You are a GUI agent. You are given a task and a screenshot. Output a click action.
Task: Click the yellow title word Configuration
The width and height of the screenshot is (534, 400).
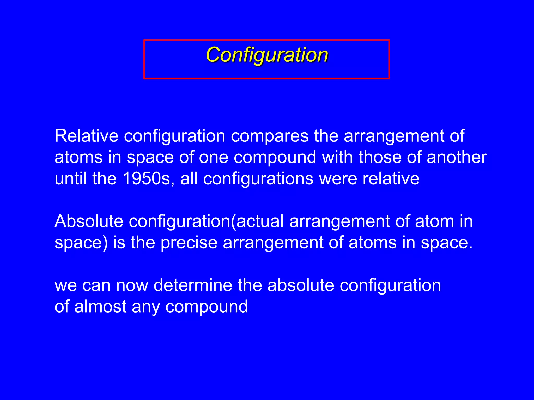tap(267, 55)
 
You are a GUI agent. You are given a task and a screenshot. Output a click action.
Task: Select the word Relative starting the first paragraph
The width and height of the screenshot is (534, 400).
tap(86, 136)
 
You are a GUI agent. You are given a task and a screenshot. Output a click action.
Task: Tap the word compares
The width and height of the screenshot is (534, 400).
tap(270, 136)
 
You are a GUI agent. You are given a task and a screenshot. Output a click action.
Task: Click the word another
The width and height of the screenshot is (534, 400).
tap(457, 157)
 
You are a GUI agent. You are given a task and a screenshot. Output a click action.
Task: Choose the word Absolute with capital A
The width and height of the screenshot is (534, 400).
tap(89, 221)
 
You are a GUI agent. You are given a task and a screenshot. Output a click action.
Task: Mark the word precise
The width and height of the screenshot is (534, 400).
tap(189, 243)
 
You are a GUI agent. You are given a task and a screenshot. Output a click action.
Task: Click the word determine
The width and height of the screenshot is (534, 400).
tap(193, 285)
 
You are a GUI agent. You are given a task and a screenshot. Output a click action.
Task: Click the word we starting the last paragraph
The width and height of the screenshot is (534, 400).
tap(65, 285)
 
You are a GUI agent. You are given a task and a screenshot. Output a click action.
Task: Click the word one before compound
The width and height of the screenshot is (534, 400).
tap(214, 158)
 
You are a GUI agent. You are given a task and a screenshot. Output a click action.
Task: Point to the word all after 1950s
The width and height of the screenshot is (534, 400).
tap(189, 179)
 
